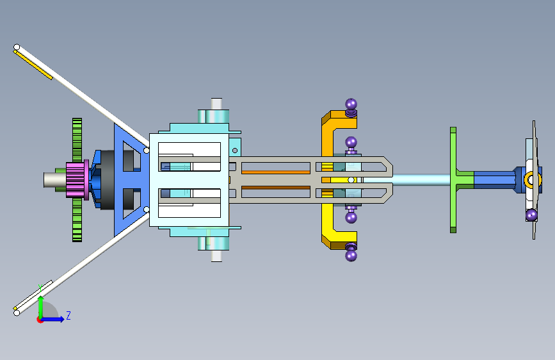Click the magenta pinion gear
coord(76,180)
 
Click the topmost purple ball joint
coord(351,104)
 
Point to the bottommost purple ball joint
coord(351,255)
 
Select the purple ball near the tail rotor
coord(531,215)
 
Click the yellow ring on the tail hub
coord(530,179)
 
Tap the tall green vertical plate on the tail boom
coord(453,180)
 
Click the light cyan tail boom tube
coord(421,179)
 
